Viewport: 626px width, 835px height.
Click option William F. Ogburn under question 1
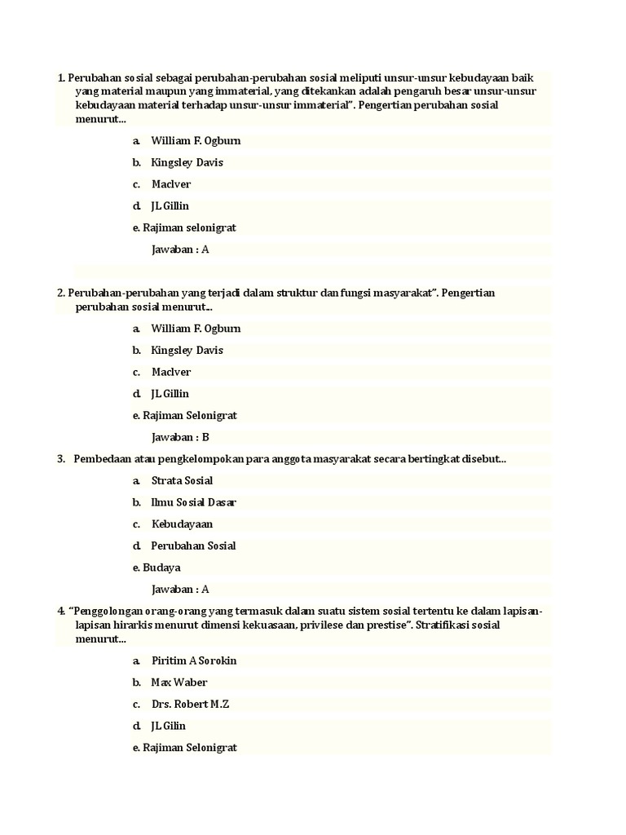[x=196, y=141]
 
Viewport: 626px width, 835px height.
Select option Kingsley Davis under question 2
[x=187, y=351]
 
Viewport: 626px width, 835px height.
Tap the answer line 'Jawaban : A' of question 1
[x=180, y=250]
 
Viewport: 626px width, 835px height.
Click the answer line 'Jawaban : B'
[x=180, y=437]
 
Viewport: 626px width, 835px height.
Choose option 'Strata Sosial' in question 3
[x=182, y=481]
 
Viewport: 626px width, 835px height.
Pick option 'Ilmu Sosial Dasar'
[x=194, y=502]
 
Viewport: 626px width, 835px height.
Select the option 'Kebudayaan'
[x=182, y=524]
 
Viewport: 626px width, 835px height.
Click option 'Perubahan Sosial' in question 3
[x=193, y=546]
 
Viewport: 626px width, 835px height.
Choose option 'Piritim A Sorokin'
[x=194, y=660]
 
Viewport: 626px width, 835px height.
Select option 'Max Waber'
[x=179, y=683]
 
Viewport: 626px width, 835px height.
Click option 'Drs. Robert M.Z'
[x=190, y=704]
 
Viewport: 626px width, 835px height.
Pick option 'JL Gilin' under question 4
[x=169, y=726]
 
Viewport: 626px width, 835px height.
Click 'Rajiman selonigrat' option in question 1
[x=189, y=228]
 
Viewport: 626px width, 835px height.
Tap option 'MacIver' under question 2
[x=171, y=372]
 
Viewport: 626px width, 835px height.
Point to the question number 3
[x=61, y=459]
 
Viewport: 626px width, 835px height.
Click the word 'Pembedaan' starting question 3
[x=102, y=459]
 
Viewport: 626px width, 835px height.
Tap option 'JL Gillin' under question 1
[x=170, y=206]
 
